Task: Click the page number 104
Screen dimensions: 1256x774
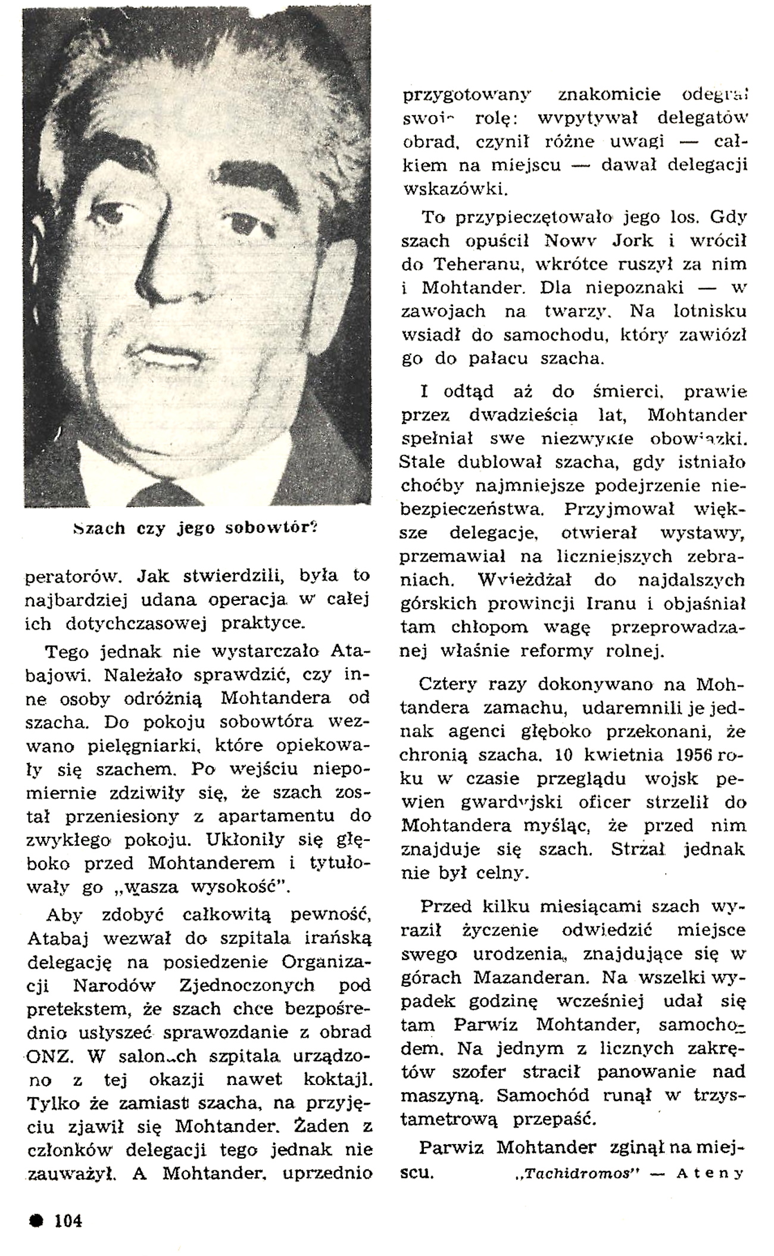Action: (68, 1220)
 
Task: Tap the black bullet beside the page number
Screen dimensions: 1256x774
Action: (37, 1220)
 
